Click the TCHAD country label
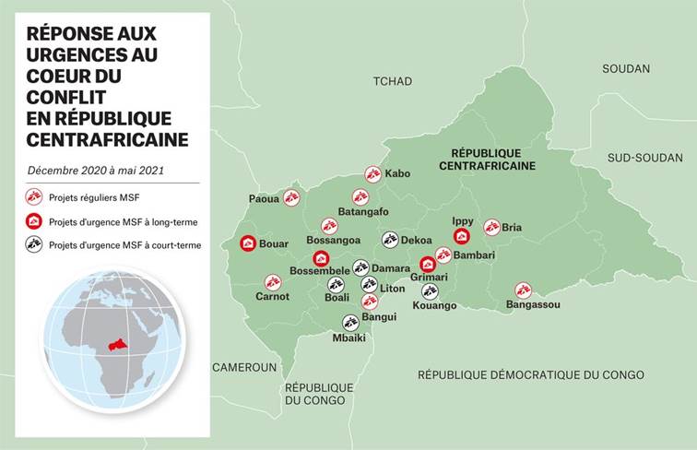pos(392,81)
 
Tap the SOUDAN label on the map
pos(626,68)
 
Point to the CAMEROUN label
pos(244,367)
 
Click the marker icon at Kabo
pos(372,173)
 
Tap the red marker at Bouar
pos(248,243)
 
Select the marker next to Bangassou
pos(523,290)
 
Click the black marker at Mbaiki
pos(350,322)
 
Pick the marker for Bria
pos(491,227)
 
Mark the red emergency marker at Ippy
pos(462,236)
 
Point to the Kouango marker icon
pos(430,290)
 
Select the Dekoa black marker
pos(390,240)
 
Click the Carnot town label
pos(272,297)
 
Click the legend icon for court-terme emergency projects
pos(34,244)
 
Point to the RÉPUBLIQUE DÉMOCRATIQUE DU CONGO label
pos(530,374)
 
